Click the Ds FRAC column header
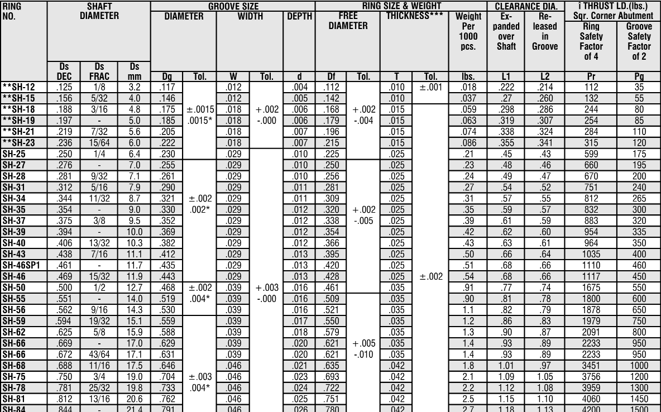99,71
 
